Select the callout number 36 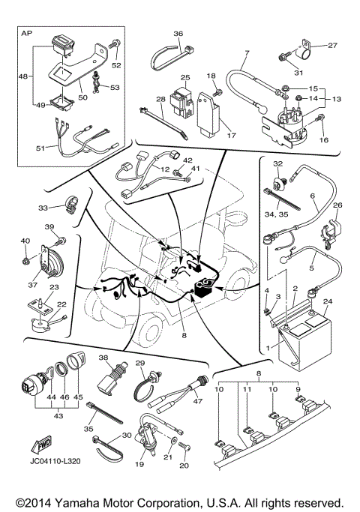(x=178, y=33)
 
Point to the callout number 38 (x=103, y=358)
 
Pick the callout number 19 (x=139, y=465)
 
